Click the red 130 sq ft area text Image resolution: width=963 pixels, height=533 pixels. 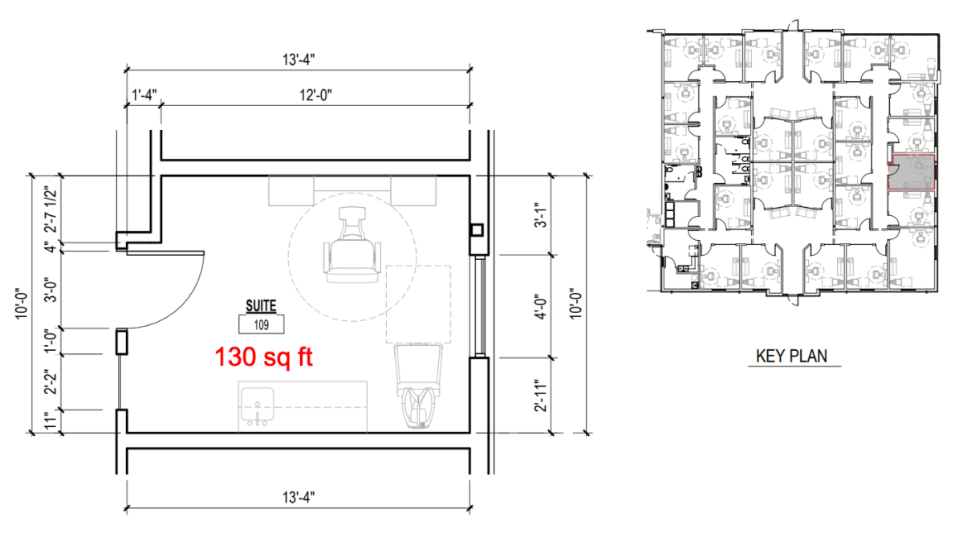(x=263, y=357)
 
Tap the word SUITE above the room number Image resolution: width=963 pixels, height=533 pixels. (x=261, y=306)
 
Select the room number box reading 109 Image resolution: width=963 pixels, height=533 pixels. (x=262, y=324)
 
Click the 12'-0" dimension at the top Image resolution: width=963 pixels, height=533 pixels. (x=315, y=95)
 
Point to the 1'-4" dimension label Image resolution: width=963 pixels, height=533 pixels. (x=144, y=95)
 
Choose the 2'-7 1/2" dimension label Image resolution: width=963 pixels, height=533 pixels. (x=51, y=210)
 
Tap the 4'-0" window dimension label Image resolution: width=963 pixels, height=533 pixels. (x=541, y=307)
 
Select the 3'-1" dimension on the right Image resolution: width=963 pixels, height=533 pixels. (x=541, y=215)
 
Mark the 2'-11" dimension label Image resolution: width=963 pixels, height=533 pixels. (x=541, y=396)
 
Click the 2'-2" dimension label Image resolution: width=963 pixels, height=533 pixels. (x=51, y=381)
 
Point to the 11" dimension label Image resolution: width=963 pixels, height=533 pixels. (x=51, y=421)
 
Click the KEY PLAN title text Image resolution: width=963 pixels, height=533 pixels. (x=791, y=356)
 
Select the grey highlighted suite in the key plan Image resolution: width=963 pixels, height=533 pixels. (x=912, y=172)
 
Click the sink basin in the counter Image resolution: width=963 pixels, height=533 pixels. (x=257, y=405)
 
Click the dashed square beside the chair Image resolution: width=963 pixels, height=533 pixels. (x=418, y=303)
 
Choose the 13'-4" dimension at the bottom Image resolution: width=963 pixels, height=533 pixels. (x=299, y=498)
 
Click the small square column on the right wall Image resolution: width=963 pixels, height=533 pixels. (x=477, y=230)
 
